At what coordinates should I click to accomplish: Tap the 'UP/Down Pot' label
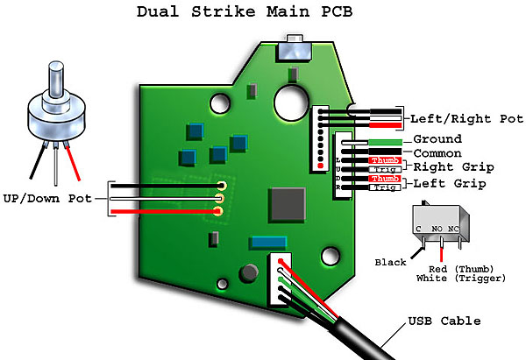pyautogui.click(x=47, y=199)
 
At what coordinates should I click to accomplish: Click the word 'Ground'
pyautogui.click(x=437, y=139)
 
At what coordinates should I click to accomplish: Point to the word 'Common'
pyautogui.click(x=437, y=152)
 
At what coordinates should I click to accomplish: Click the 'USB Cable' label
pyautogui.click(x=444, y=321)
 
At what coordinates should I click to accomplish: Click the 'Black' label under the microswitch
pyautogui.click(x=390, y=262)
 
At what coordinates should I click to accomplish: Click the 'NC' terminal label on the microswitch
pyautogui.click(x=453, y=229)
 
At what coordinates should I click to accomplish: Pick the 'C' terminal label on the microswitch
pyautogui.click(x=420, y=229)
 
